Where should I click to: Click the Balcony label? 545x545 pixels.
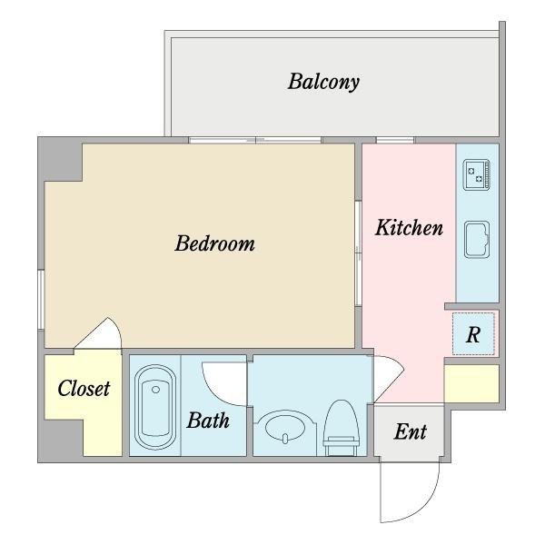click(323, 82)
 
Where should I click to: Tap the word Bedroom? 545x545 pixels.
click(214, 243)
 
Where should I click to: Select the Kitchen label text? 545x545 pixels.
click(409, 228)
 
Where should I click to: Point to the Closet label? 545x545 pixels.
click(84, 388)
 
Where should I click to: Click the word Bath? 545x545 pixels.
click(208, 420)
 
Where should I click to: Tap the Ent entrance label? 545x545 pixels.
click(411, 431)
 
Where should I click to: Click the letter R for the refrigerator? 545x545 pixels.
click(473, 335)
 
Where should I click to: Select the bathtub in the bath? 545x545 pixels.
click(155, 407)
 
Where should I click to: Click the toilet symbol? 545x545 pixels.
click(342, 428)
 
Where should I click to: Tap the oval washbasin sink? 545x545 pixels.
click(285, 427)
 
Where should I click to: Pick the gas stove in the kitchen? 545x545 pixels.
click(477, 174)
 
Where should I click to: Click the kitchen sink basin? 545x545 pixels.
click(477, 240)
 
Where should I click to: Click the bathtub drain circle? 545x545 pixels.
click(155, 390)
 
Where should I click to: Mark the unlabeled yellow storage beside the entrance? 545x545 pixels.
click(472, 383)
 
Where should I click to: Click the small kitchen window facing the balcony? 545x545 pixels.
click(395, 140)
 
